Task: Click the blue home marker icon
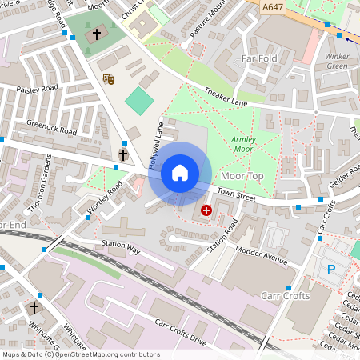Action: (x=180, y=172)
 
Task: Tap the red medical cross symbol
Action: (x=206, y=210)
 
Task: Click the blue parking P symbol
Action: (x=331, y=270)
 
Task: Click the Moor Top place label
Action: (x=242, y=175)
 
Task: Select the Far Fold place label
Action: (x=258, y=58)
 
